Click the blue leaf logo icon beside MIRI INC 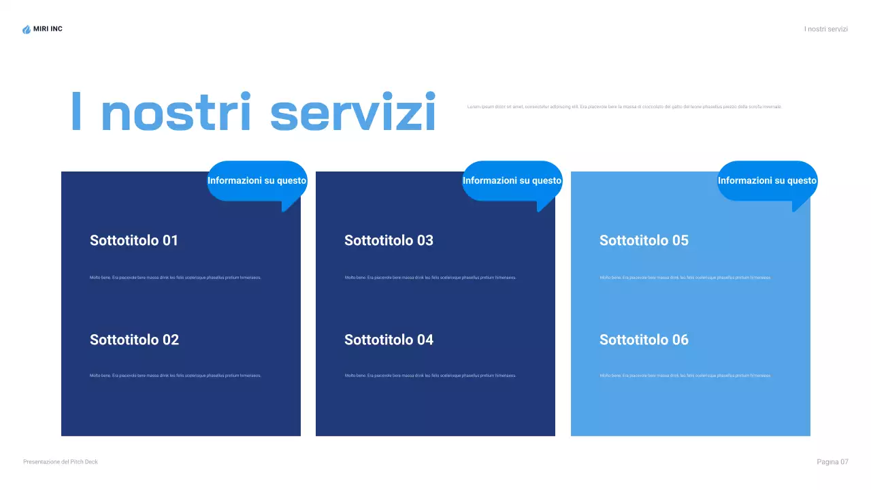point(27,29)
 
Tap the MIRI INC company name point(48,29)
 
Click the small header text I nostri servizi point(826,29)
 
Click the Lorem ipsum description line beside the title point(625,107)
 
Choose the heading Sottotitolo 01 point(134,240)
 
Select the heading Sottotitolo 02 point(134,340)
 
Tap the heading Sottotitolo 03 point(389,240)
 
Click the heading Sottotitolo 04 point(389,340)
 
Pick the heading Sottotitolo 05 point(644,240)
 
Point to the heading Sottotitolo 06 point(644,340)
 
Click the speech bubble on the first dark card point(257,181)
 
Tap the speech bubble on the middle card point(512,181)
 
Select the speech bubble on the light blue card point(767,181)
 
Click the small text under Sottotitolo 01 point(176,278)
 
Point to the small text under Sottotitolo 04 point(430,376)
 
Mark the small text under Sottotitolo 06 point(685,376)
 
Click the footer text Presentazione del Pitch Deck point(61,462)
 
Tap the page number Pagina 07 point(832,462)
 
